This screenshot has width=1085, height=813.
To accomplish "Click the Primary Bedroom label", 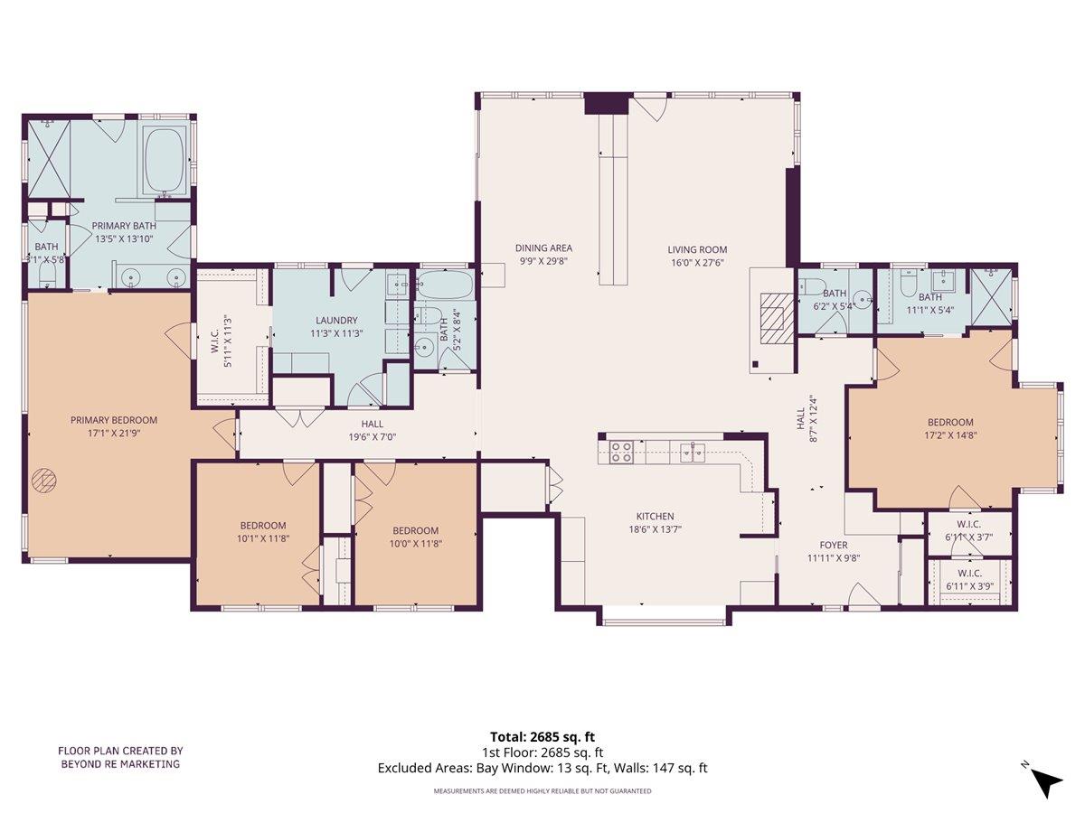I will (114, 420).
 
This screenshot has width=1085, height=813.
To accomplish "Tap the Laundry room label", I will (336, 320).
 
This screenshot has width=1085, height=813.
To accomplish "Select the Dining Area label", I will (543, 248).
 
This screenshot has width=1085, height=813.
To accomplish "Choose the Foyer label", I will (834, 546).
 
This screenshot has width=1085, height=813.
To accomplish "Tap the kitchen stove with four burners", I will (620, 451).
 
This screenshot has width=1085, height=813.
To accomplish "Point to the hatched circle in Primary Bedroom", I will (42, 481).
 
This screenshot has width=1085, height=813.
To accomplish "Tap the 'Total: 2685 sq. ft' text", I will (542, 736).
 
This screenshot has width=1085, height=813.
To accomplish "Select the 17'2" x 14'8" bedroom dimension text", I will (950, 434).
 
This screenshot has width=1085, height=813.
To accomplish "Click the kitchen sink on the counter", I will (693, 450).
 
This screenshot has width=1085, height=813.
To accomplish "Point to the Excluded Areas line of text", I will (542, 768).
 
